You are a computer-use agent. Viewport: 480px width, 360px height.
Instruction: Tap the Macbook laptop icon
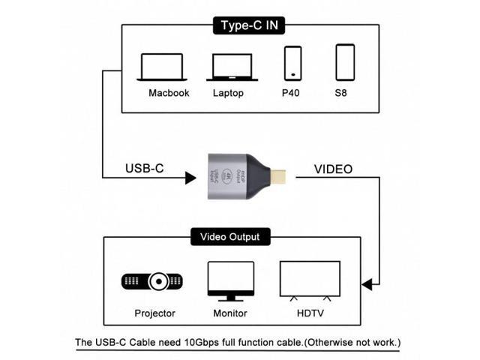point(161,67)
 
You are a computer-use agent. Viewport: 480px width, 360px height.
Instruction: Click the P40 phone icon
point(292,63)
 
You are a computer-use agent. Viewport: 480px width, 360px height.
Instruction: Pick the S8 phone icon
point(345,62)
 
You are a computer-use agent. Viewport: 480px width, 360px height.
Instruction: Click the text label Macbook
point(169,93)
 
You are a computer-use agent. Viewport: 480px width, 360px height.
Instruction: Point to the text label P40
point(291,93)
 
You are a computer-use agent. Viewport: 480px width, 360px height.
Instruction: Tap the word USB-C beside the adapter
point(145,169)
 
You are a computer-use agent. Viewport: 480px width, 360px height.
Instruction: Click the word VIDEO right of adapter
point(333,169)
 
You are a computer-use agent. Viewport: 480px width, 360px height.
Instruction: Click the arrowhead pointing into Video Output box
point(366,284)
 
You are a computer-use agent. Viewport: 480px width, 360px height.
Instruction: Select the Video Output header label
point(229,237)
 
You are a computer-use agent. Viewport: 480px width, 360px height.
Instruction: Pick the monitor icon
point(229,280)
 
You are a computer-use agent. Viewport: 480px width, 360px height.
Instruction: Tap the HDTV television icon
point(309,280)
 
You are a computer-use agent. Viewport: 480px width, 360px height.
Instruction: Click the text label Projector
point(155,313)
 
